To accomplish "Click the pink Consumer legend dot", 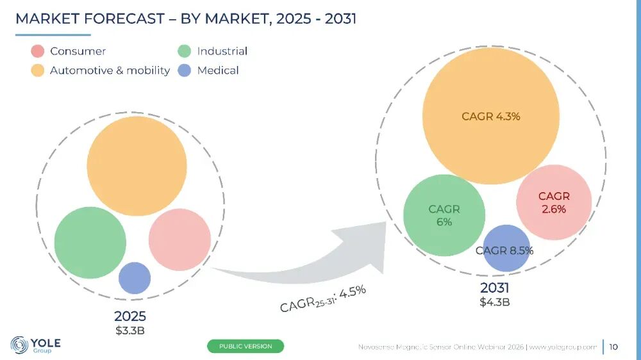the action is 38,51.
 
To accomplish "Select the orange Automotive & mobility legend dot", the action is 38,70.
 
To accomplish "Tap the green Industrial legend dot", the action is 185,51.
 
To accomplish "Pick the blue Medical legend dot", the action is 185,70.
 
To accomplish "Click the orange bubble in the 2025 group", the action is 137,166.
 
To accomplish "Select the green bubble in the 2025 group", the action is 90,243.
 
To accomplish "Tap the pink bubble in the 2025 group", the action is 180,240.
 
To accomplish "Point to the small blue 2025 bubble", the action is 135,278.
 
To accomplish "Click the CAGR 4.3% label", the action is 491,117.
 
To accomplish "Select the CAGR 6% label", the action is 444,215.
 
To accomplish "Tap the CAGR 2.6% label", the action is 554,202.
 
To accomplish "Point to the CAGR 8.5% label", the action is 504,250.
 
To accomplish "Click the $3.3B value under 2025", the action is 130,331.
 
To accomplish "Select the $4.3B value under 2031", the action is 495,302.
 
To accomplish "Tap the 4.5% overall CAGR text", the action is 353,291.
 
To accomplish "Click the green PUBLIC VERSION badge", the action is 246,346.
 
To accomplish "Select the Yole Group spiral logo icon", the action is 19,345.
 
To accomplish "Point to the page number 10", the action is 613,347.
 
